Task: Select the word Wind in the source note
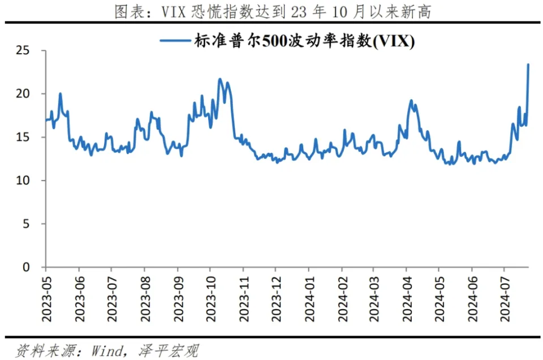[x=107, y=351]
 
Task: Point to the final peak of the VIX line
[x=528, y=65]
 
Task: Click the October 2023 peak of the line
[x=220, y=79]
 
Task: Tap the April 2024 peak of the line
[x=411, y=101]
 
